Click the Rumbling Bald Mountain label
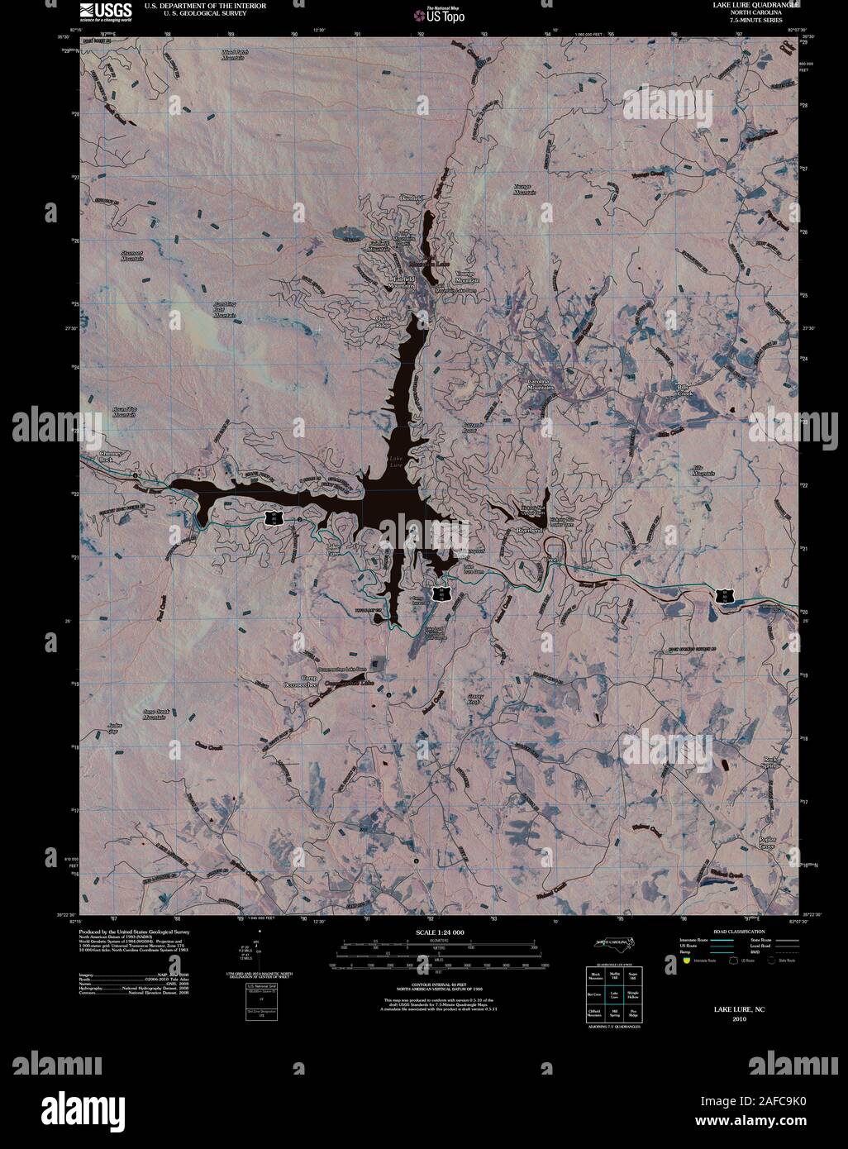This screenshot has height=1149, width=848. tap(224, 309)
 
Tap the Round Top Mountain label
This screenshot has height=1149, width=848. tap(124, 412)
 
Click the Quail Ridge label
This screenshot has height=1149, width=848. tap(383, 322)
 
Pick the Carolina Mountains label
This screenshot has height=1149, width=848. tap(541, 384)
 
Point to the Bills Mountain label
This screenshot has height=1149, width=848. tap(703, 470)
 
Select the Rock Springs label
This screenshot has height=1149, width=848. tap(770, 762)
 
